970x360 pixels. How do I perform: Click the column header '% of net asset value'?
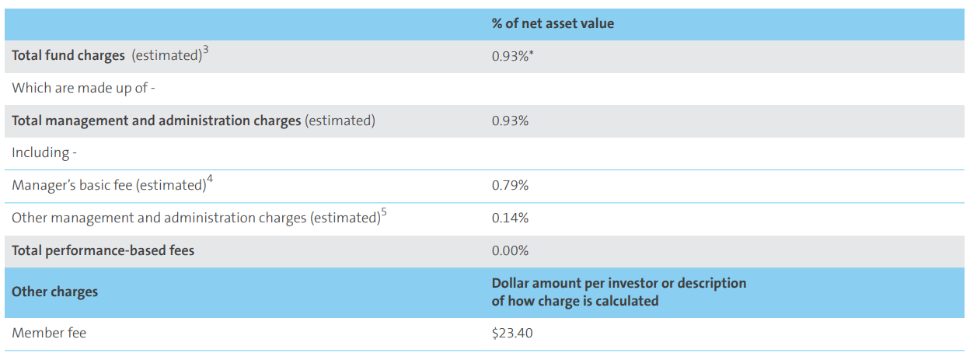pyautogui.click(x=553, y=24)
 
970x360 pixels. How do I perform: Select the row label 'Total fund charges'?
pyautogui.click(x=68, y=56)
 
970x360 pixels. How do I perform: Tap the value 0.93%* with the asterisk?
pyautogui.click(x=512, y=57)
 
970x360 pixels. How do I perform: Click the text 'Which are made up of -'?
pyautogui.click(x=84, y=89)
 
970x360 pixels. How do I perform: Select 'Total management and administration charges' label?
pyautogui.click(x=156, y=121)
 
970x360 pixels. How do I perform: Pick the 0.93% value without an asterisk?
pyautogui.click(x=510, y=121)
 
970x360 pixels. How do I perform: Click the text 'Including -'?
pyautogui.click(x=44, y=153)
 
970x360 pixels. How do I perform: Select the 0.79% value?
pyautogui.click(x=510, y=186)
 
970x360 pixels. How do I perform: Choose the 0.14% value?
pyautogui.click(x=510, y=218)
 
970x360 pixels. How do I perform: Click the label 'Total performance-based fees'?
pyautogui.click(x=103, y=251)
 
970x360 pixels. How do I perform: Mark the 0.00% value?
pyautogui.click(x=510, y=251)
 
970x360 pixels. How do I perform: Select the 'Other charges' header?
pyautogui.click(x=54, y=292)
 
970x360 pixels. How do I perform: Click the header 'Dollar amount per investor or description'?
pyautogui.click(x=619, y=284)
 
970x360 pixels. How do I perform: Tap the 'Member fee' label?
pyautogui.click(x=49, y=334)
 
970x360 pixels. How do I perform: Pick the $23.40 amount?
pyautogui.click(x=512, y=334)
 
